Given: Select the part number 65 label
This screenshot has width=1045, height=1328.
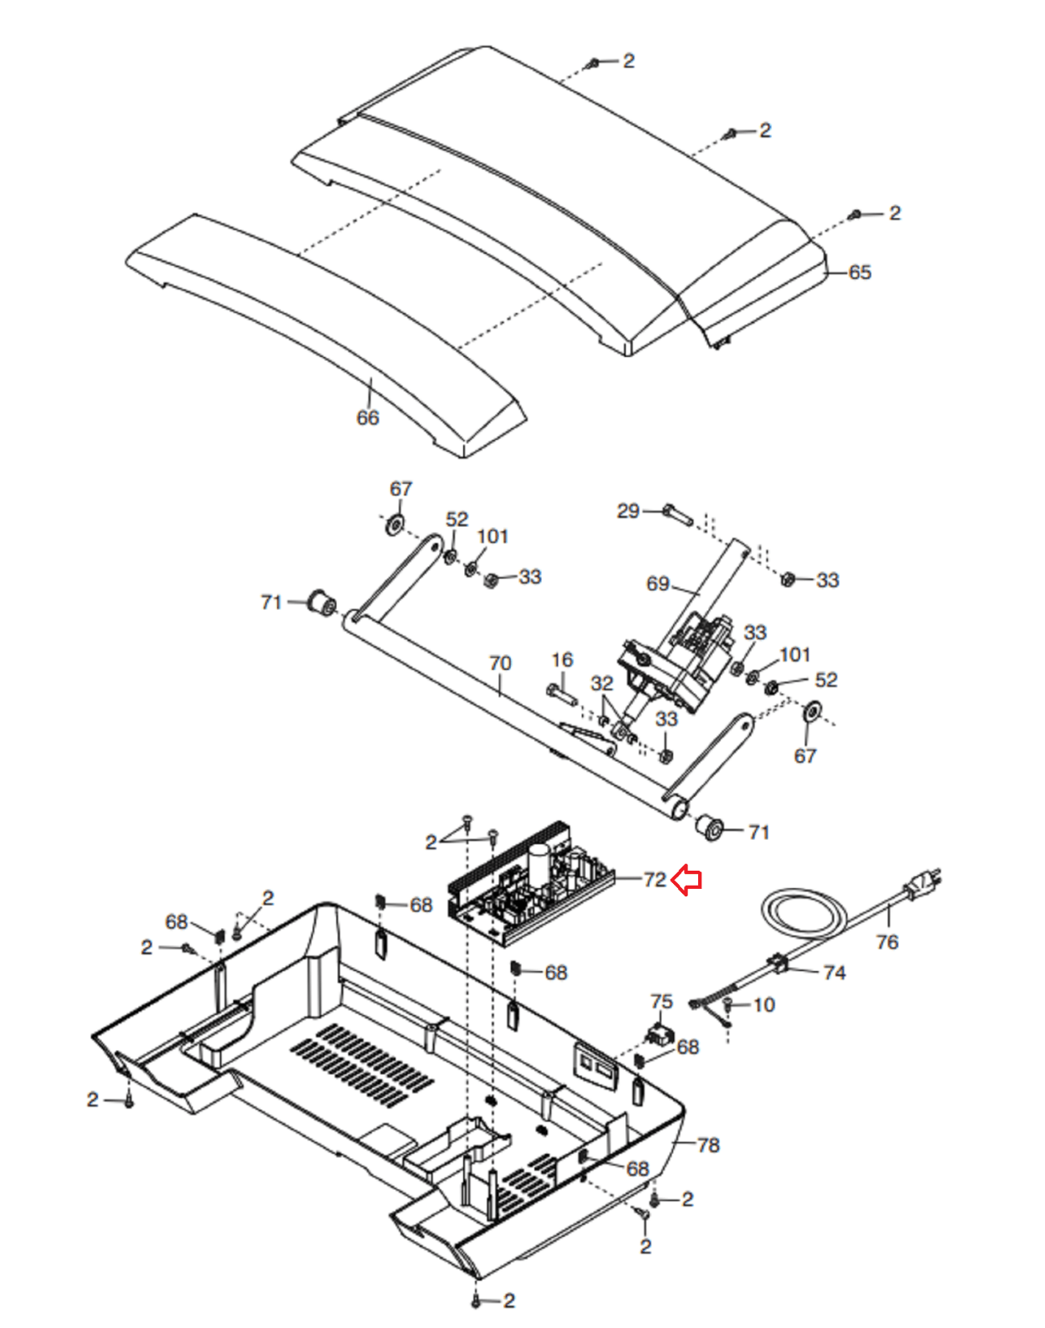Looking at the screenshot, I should [x=860, y=272].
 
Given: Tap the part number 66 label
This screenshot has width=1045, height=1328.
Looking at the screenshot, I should [x=368, y=417].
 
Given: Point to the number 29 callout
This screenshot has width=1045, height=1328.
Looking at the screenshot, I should [x=627, y=510].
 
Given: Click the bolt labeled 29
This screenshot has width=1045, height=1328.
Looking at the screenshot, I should [x=677, y=515].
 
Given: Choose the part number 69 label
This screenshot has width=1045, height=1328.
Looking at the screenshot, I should [x=657, y=583].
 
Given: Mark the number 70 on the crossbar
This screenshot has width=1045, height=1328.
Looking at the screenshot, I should [x=500, y=663].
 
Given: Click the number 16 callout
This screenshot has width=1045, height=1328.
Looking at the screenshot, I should [x=562, y=660].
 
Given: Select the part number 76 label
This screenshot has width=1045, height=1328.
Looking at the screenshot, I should [x=886, y=942].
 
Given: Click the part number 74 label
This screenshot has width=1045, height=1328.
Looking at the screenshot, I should [x=834, y=973].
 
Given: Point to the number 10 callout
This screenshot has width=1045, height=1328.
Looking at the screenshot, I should [x=764, y=1005].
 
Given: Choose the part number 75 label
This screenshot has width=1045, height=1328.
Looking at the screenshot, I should [x=661, y=1002].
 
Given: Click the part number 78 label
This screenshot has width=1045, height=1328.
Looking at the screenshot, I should [x=708, y=1145].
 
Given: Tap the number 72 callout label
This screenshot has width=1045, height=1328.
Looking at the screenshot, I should [x=655, y=879].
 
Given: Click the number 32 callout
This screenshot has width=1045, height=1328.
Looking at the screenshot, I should [x=602, y=683].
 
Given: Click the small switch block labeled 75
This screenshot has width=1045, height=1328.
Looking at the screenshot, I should [x=661, y=1035].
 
